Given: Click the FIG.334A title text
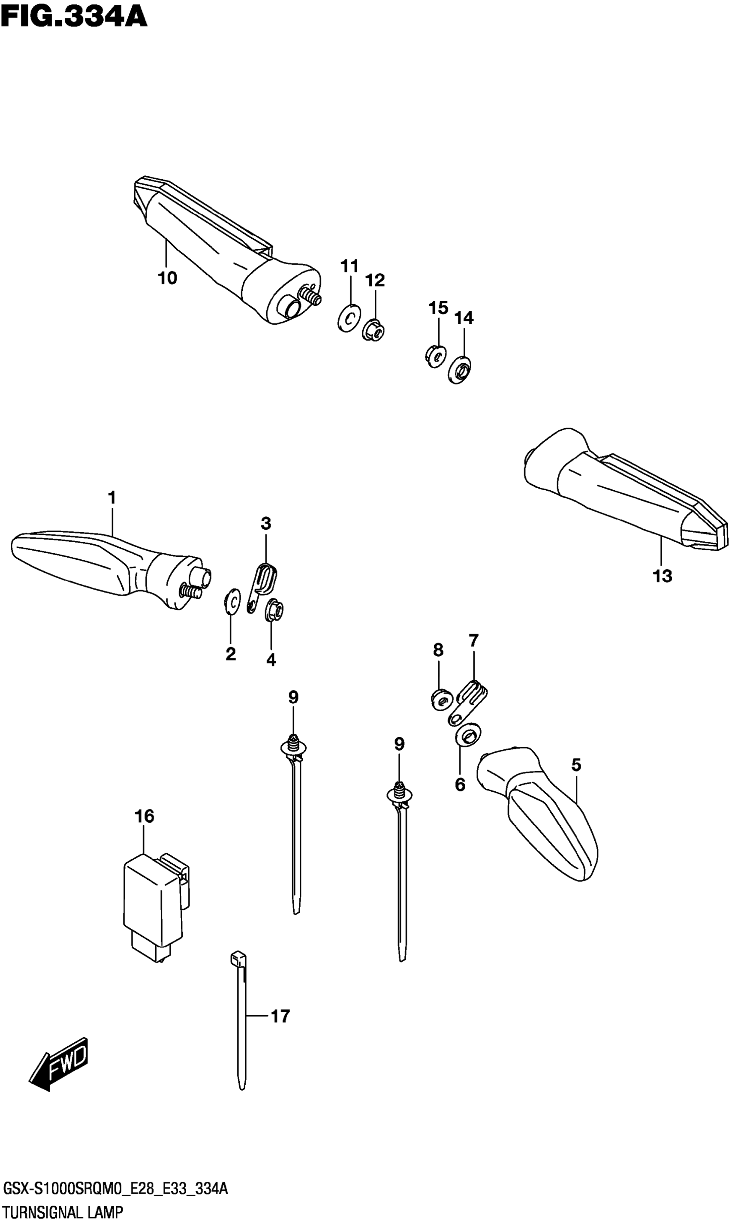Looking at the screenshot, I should coord(74,17).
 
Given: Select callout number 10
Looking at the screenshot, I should coord(167,278).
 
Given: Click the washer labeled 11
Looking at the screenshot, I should coord(349,319).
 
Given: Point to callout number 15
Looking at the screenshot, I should coord(438,308).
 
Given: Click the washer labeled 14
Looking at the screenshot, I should coord(460,369).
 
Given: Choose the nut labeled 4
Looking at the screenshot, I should coord(274,611).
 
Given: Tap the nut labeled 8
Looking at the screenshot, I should coord(441,700).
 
